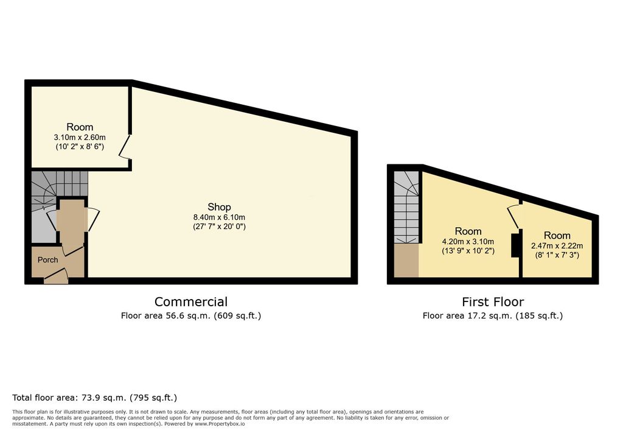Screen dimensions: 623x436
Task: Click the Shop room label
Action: [219, 207]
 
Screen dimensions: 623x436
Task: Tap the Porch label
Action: [47, 260]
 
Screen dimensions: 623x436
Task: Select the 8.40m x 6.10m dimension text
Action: [219, 217]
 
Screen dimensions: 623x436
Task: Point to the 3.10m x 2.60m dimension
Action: [80, 137]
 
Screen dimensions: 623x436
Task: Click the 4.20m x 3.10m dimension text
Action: [468, 242]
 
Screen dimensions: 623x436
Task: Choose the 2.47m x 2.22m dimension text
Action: [557, 246]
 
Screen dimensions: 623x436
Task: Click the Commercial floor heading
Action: [191, 301]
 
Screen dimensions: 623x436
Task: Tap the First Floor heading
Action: [493, 302]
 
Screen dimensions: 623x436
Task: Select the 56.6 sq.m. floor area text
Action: [190, 316]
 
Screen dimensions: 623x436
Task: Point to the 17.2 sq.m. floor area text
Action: [493, 316]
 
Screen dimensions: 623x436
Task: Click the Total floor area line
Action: [94, 398]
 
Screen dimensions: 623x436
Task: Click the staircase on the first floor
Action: [406, 207]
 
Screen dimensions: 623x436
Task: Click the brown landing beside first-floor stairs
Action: [406, 260]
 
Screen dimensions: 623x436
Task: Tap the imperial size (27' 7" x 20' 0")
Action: [219, 227]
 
